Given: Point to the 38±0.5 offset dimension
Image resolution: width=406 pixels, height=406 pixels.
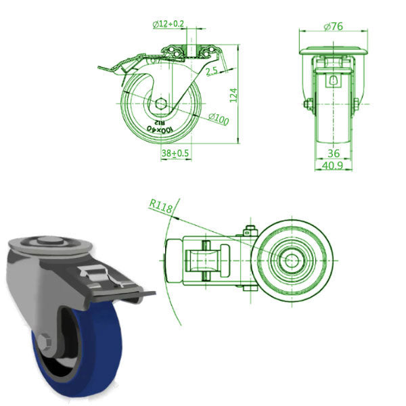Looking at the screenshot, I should [175, 154].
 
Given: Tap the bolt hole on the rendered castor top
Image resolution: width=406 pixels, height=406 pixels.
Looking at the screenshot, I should [46, 243].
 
